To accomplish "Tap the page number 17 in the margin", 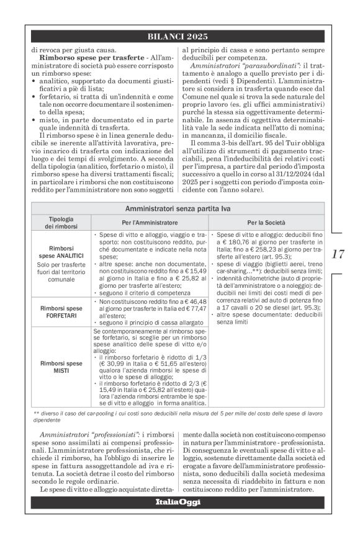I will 338,253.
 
